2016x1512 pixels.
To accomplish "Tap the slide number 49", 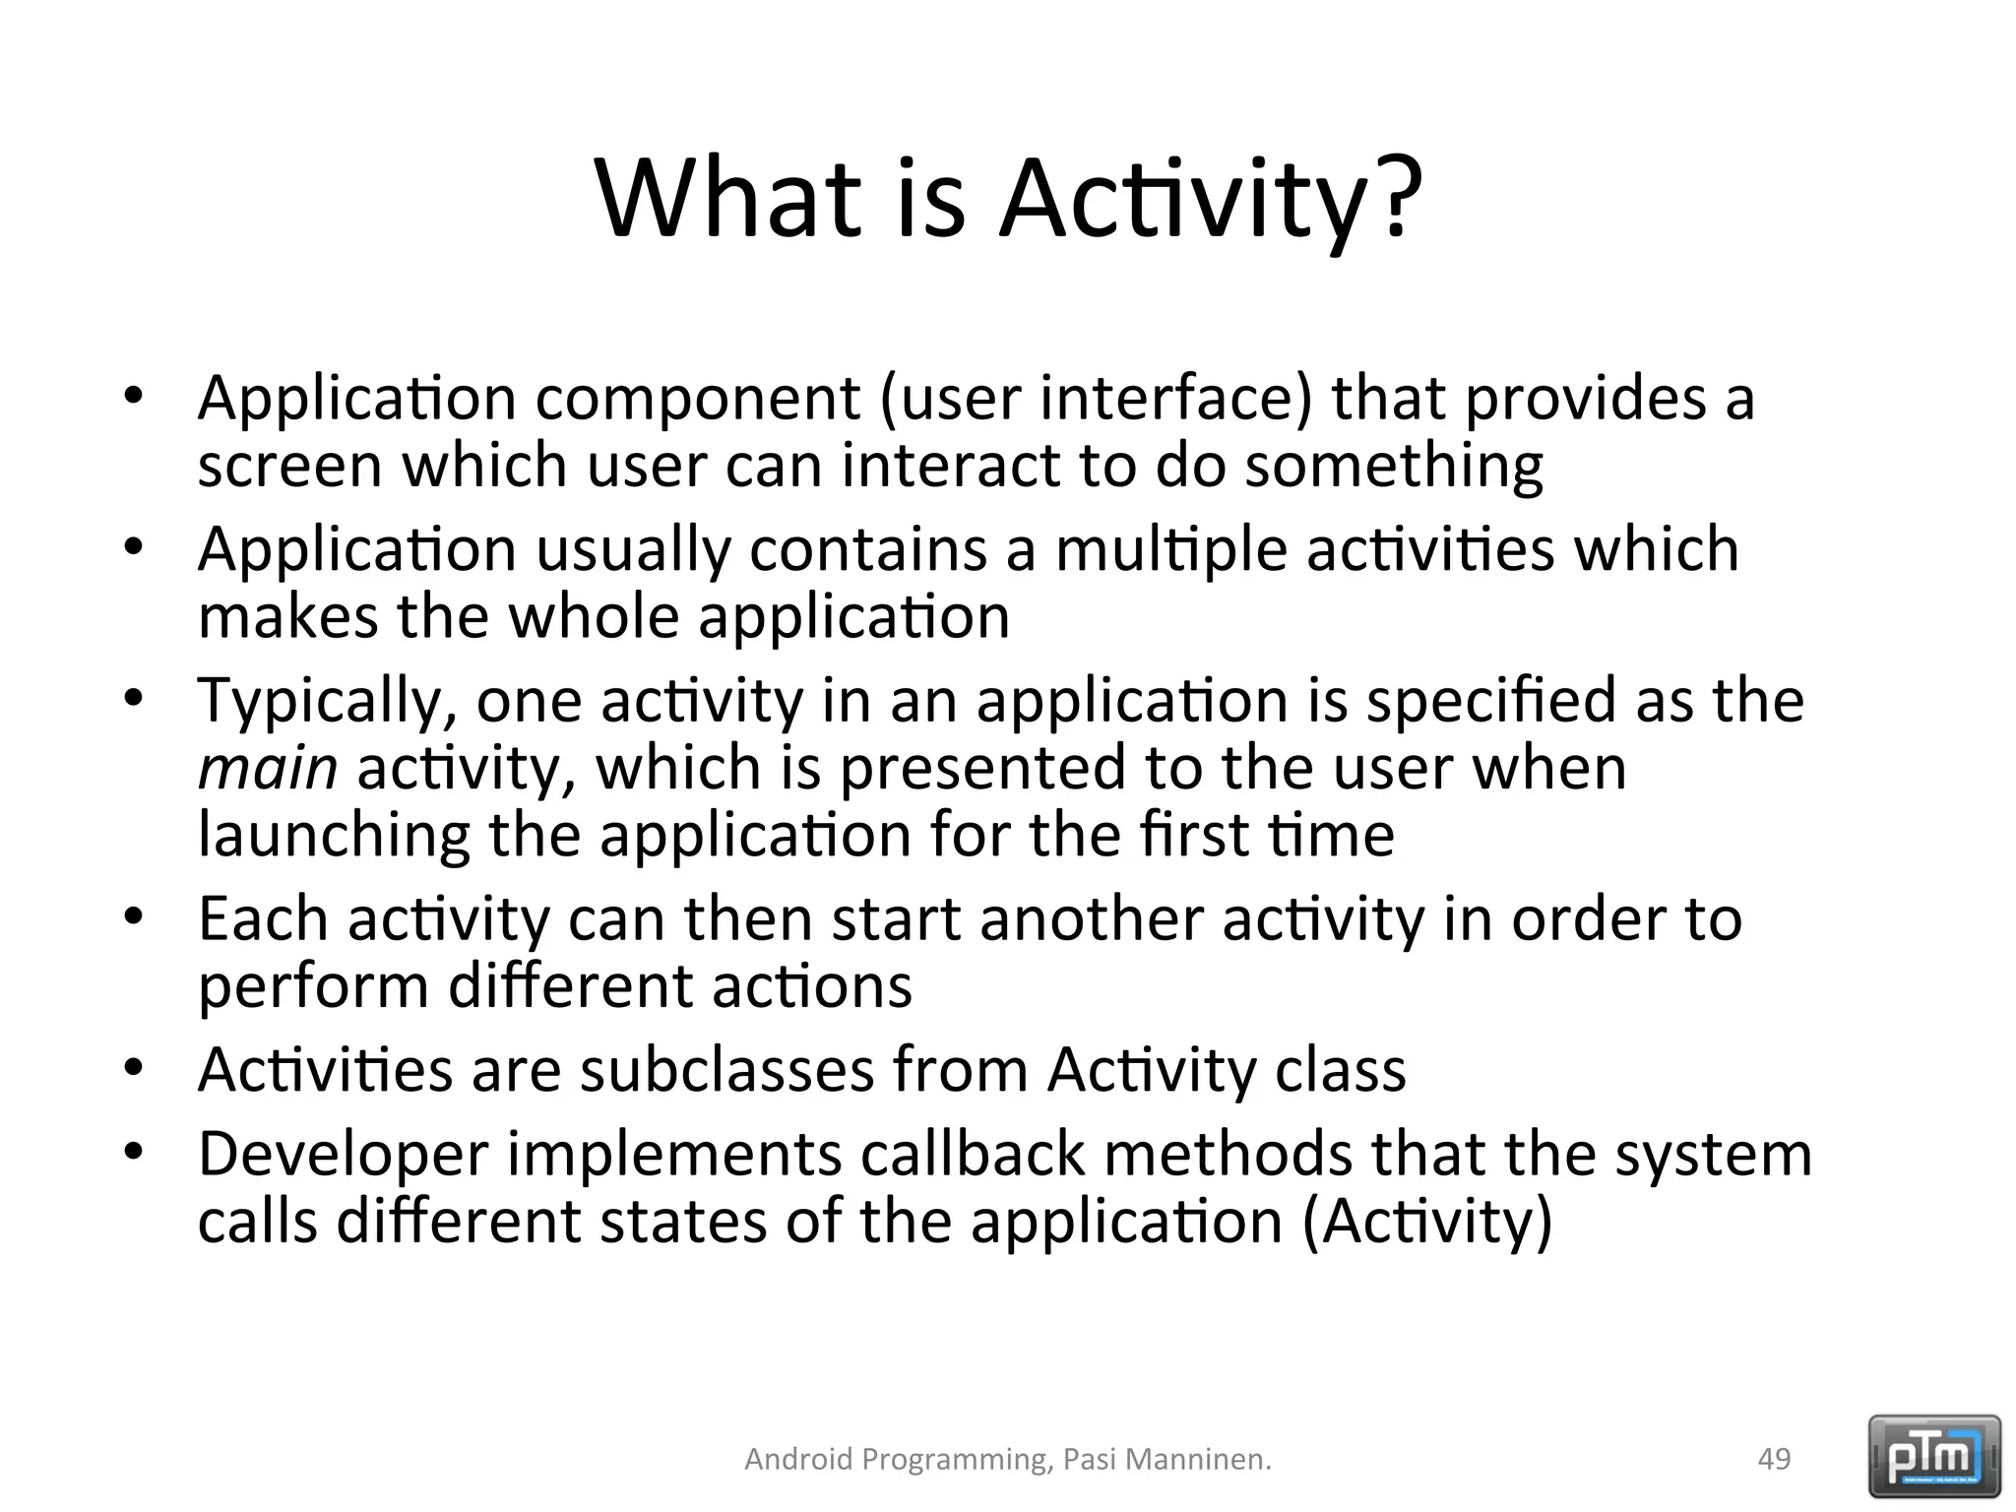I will point(1774,1459).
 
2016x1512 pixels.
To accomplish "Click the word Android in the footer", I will point(798,1459).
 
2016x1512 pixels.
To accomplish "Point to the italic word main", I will point(268,768).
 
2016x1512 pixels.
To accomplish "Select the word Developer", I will point(344,1156).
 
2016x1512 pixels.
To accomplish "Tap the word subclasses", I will point(726,1070).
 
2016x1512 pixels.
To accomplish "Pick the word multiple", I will point(1170,550).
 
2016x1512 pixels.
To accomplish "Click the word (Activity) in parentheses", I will point(1426,1223).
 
